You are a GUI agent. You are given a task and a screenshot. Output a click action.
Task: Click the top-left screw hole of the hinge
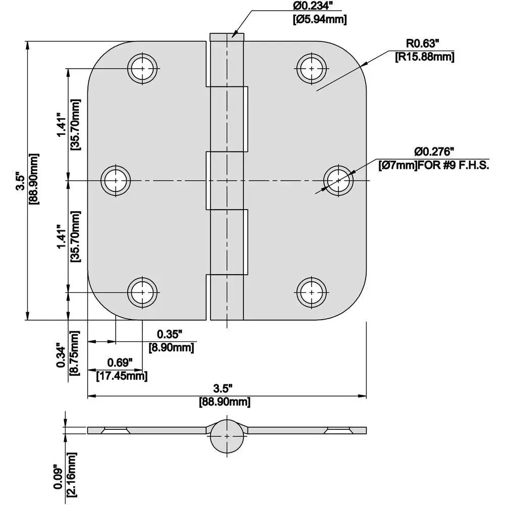tap(142, 68)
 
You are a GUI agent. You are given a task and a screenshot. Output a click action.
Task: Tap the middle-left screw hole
tap(116, 180)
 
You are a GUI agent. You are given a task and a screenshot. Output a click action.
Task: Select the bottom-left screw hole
tap(142, 292)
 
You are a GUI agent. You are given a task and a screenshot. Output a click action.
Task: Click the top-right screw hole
tap(312, 68)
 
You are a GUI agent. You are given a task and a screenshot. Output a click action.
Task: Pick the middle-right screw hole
tap(338, 180)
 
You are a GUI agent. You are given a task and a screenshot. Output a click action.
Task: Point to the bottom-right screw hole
tap(312, 292)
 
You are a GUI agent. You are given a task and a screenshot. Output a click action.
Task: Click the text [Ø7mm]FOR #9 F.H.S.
tap(433, 165)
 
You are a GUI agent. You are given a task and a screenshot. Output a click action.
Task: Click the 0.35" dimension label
tap(169, 334)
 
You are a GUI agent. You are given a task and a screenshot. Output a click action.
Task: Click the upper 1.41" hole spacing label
tap(61, 124)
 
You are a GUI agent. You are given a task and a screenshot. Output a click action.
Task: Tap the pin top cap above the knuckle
tap(227, 36)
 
